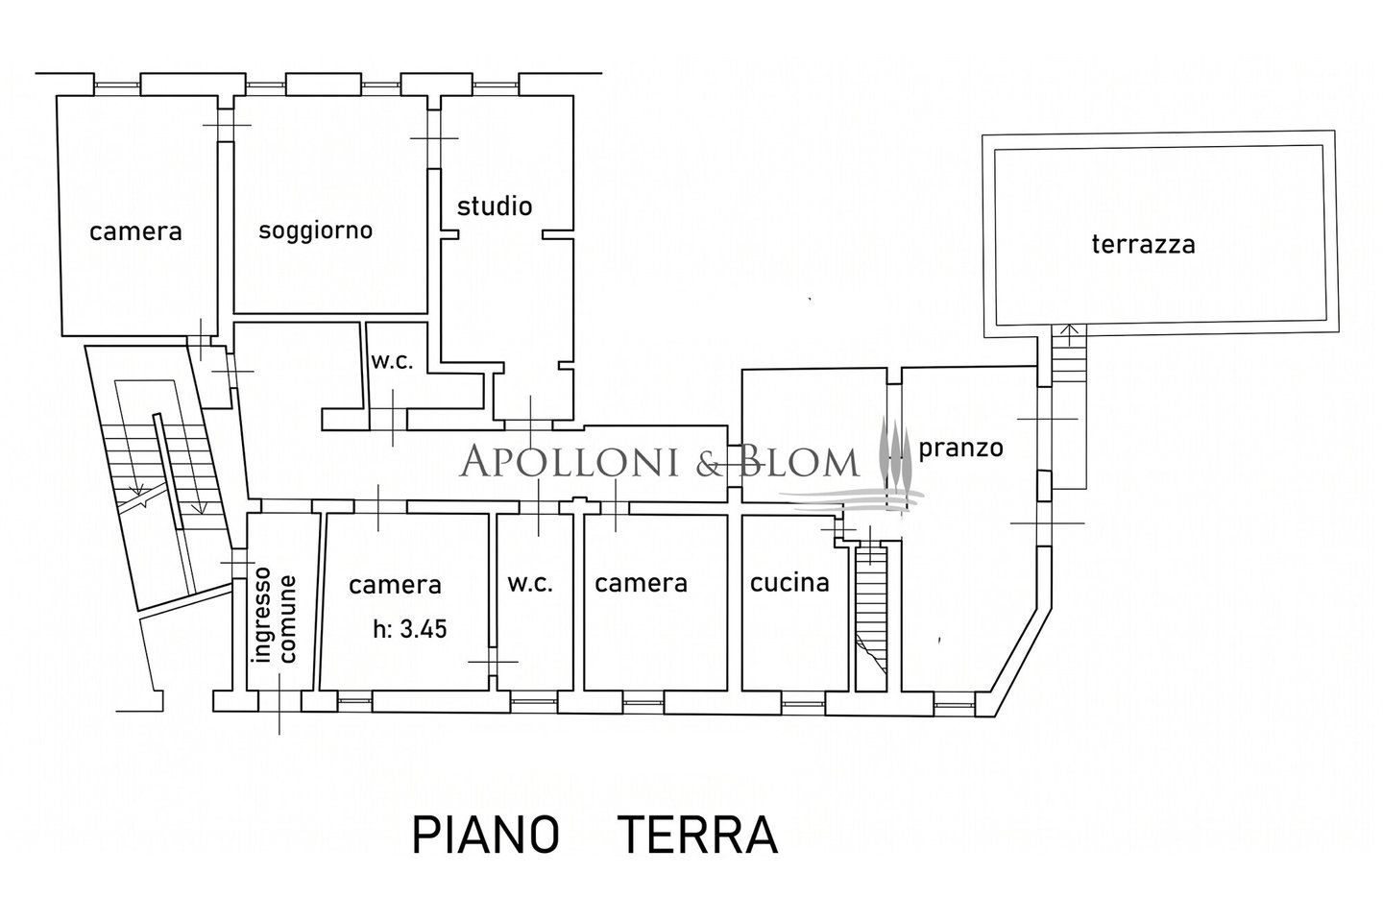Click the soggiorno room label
[x=315, y=230]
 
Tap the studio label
[x=494, y=206]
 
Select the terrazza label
[x=1143, y=244]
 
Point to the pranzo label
[x=960, y=448]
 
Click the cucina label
[x=789, y=582]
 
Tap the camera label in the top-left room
[x=135, y=230]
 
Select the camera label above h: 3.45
[x=395, y=584]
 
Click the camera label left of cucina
[x=641, y=582]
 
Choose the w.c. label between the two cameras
[x=529, y=583]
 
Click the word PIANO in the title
[x=486, y=836]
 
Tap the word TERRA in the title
[x=696, y=836]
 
